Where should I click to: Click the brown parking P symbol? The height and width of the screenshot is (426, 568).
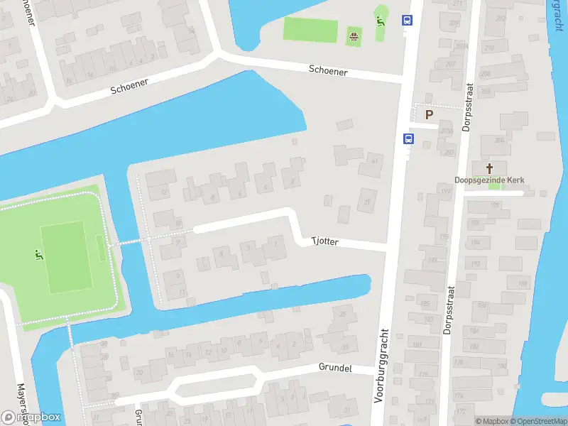point(428,114)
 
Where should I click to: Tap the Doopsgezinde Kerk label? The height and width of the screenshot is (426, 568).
point(490,180)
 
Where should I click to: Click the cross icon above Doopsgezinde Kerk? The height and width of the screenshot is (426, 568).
point(489,168)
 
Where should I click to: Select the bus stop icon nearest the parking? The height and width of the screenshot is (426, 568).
point(408,138)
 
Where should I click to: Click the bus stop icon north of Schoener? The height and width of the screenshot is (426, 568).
point(408,21)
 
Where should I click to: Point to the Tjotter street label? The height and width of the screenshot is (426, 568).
point(325,241)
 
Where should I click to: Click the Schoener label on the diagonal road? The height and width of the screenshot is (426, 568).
point(129,87)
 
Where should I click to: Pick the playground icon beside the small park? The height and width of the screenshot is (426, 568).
point(353,34)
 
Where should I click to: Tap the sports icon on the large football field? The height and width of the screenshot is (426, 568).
point(38,254)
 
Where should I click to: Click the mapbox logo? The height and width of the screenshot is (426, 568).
point(32,417)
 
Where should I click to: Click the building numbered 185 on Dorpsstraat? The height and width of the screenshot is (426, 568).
point(426,304)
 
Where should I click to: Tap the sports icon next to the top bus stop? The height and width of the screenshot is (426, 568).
point(381,19)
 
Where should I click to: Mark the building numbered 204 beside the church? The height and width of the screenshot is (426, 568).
point(499,140)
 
